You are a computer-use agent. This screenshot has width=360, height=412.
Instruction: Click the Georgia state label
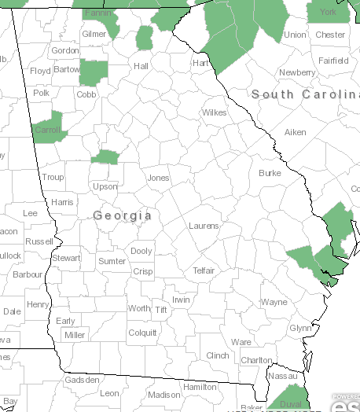(x=122, y=215)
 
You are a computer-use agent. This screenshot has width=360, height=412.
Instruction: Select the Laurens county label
(x=204, y=226)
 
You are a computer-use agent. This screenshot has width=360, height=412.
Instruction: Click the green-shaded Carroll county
(x=46, y=129)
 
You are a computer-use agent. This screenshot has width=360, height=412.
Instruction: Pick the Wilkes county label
(x=214, y=112)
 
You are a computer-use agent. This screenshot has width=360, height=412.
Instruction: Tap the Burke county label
(x=269, y=172)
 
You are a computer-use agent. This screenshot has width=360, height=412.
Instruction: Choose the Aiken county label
(x=295, y=132)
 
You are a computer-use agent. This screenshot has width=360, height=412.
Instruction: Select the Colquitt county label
(x=142, y=332)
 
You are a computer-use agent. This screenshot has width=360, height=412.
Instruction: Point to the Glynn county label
(x=300, y=328)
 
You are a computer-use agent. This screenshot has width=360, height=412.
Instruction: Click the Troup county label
(x=53, y=178)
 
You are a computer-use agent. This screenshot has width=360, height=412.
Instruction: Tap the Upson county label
(x=105, y=186)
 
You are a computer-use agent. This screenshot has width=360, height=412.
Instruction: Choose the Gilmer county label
(x=94, y=35)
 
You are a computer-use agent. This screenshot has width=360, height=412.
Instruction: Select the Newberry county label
(x=297, y=72)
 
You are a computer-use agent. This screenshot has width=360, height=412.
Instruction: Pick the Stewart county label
(x=65, y=258)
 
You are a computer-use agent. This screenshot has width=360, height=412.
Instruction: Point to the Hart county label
(x=200, y=62)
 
